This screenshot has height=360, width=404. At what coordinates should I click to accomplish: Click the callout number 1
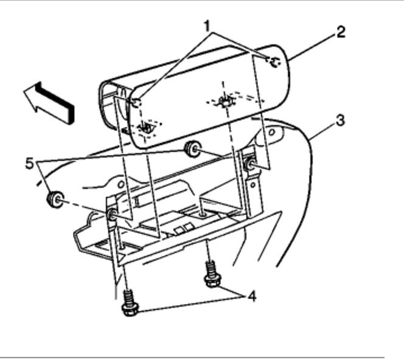[208, 26]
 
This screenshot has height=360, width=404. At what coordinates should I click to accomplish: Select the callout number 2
[341, 32]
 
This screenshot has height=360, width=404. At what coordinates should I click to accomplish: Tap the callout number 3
[341, 120]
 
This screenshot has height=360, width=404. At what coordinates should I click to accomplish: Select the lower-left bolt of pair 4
[128, 302]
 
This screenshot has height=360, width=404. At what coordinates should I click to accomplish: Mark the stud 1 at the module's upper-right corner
[274, 62]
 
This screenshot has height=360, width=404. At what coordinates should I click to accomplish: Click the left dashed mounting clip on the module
[146, 128]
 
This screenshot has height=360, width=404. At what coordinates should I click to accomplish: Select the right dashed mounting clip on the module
[225, 101]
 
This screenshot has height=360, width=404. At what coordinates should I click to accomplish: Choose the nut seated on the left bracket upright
[113, 215]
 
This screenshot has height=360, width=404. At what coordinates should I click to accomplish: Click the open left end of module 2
[113, 106]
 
